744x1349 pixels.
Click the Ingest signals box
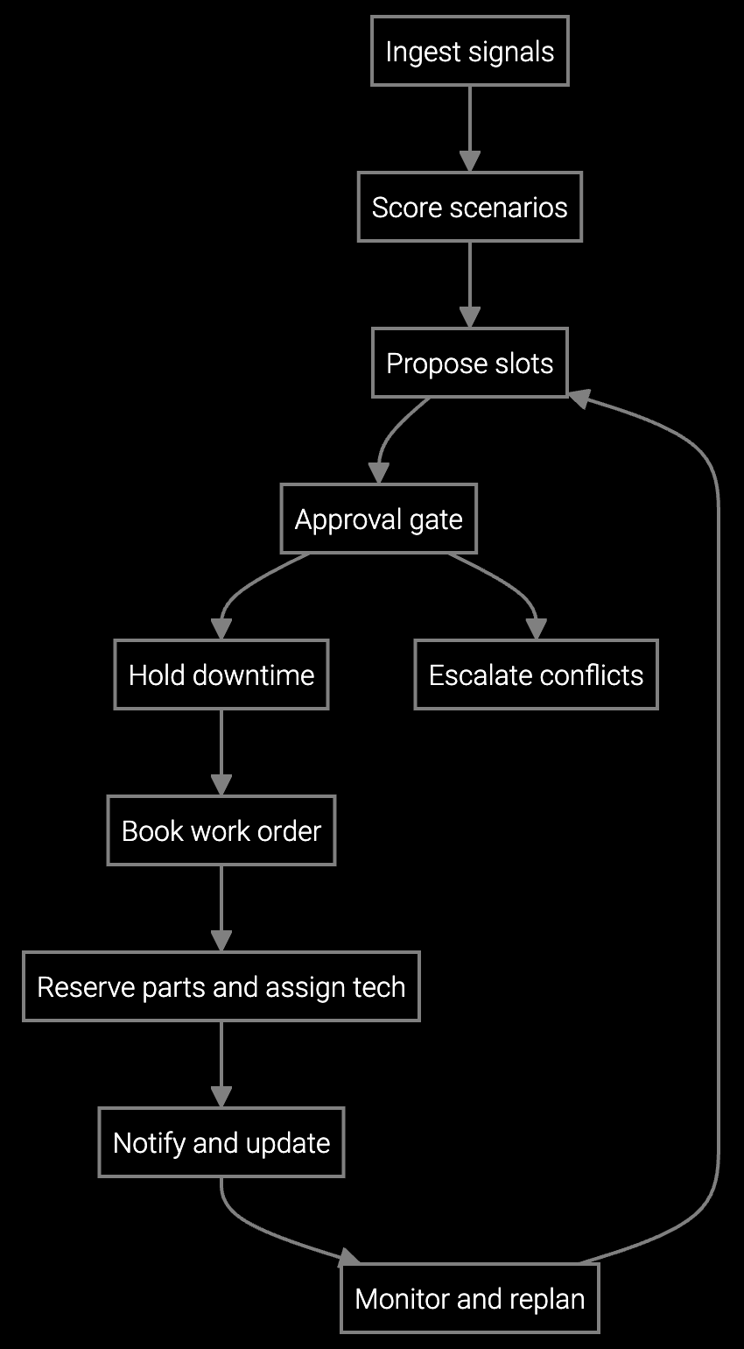[470, 51]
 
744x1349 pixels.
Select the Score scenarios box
[470, 207]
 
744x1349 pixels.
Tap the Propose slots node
[470, 363]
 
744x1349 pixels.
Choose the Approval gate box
[378, 519]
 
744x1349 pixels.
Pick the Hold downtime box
[221, 674]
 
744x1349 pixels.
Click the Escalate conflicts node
[536, 674]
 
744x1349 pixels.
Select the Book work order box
[221, 830]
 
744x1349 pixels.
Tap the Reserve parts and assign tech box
[221, 986]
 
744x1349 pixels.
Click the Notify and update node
[221, 1142]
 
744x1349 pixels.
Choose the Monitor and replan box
[470, 1298]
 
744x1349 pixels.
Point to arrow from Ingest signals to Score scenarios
[470, 123]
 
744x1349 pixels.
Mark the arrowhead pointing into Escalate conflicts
[536, 629]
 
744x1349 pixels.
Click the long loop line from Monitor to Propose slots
[719, 788]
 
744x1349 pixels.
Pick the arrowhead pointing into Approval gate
[378, 473]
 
